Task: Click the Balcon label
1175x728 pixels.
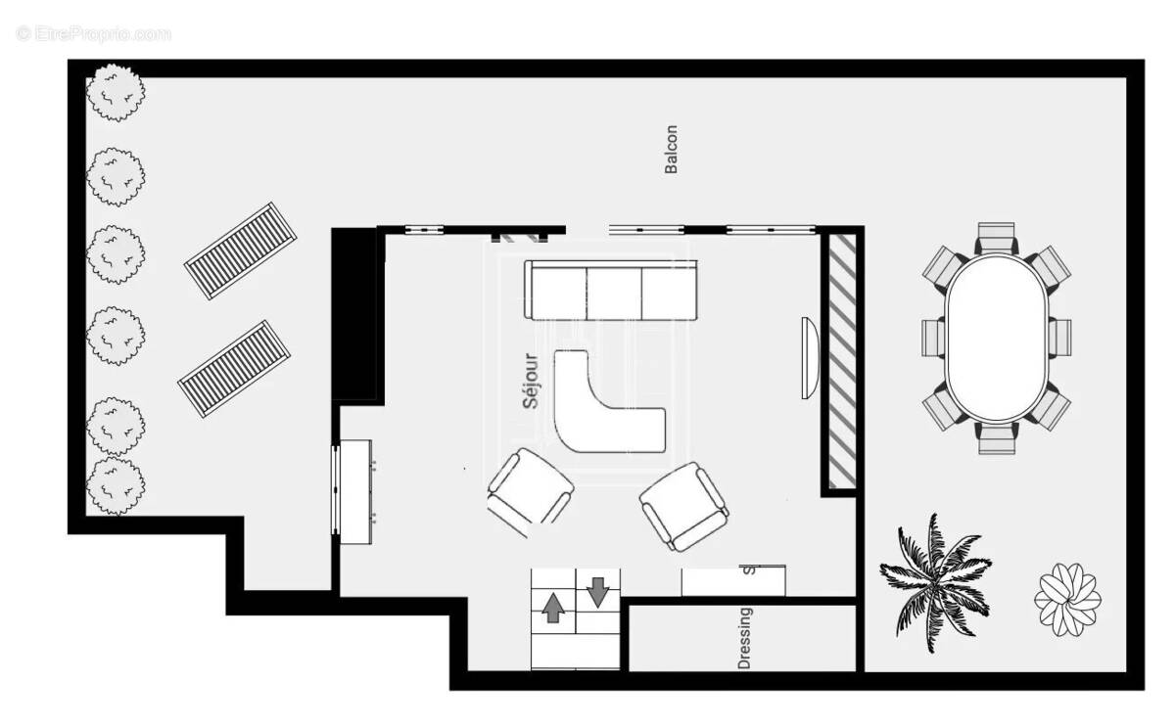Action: tap(671, 149)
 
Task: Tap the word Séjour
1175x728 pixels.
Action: tap(531, 380)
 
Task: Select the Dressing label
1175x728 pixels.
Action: tap(745, 638)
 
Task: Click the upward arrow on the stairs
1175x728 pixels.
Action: tap(553, 608)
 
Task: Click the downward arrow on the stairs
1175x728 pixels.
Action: tap(597, 591)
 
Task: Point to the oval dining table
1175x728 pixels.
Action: tap(997, 338)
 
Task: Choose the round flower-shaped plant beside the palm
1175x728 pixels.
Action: tap(1067, 598)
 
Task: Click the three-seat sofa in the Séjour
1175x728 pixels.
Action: tap(611, 291)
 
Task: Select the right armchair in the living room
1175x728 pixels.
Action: tap(683, 506)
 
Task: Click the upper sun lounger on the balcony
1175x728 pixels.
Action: tap(241, 251)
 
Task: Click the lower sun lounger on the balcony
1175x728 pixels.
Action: tap(234, 368)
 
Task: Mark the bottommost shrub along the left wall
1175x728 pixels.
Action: tap(116, 485)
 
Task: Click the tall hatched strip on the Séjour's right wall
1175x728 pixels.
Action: tap(842, 360)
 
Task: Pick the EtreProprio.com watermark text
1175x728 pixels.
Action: tap(94, 34)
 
